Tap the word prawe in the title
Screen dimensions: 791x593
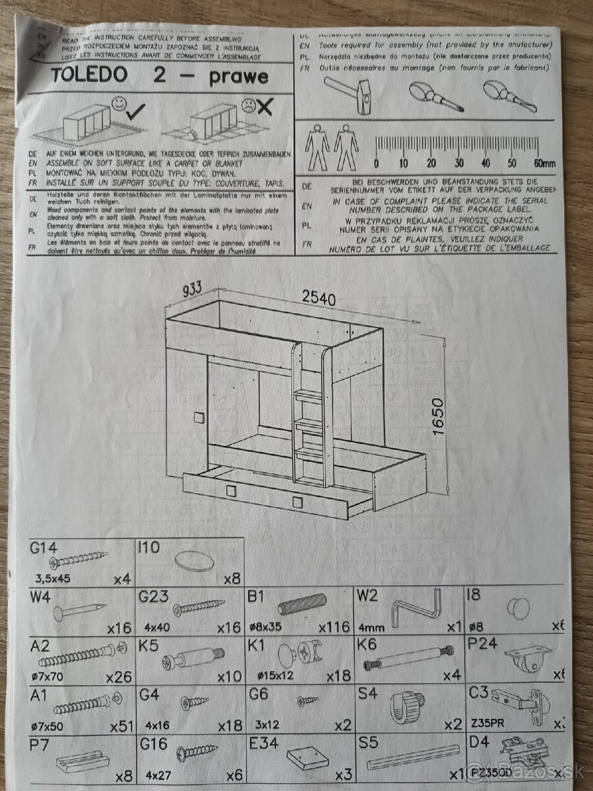tap(239, 77)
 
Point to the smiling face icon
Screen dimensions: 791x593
tap(119, 103)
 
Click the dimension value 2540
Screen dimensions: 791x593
tap(319, 299)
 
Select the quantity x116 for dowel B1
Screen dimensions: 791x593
tap(334, 627)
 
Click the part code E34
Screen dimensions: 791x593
tap(264, 743)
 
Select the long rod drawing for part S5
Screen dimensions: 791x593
tap(413, 757)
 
